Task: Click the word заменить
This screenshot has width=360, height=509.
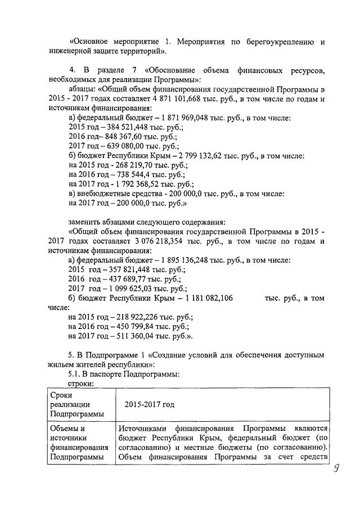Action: [x=87, y=220]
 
